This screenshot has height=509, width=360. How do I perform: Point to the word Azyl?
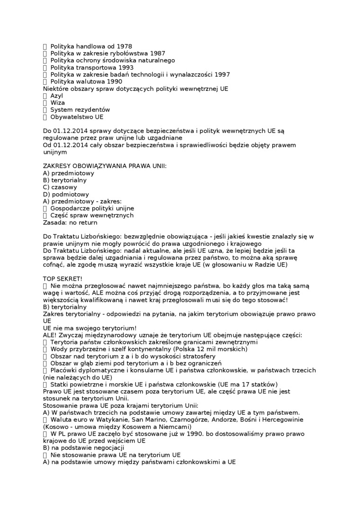point(56,96)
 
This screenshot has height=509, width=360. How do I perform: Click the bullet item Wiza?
point(57,103)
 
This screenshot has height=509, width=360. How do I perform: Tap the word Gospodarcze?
point(70,208)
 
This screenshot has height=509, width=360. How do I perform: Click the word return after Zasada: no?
point(88,223)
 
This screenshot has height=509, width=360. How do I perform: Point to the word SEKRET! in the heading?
point(70,279)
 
